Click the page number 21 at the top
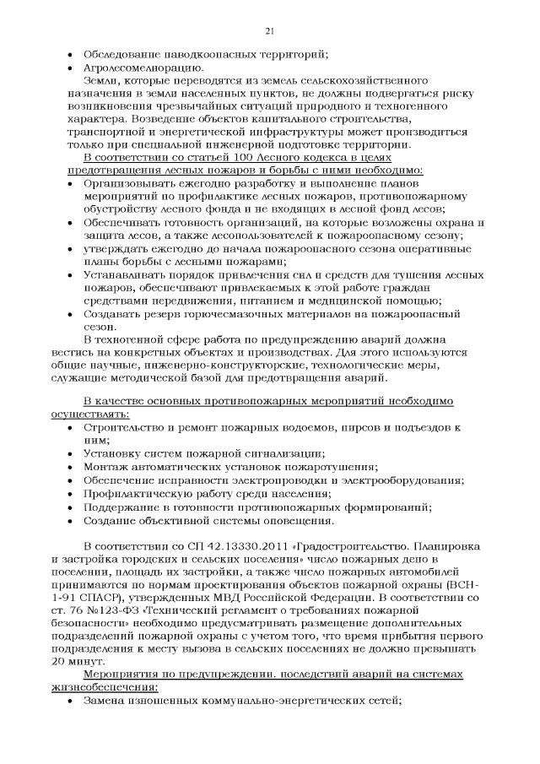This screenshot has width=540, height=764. pos(270,31)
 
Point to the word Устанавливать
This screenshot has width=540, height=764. pos(127,274)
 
